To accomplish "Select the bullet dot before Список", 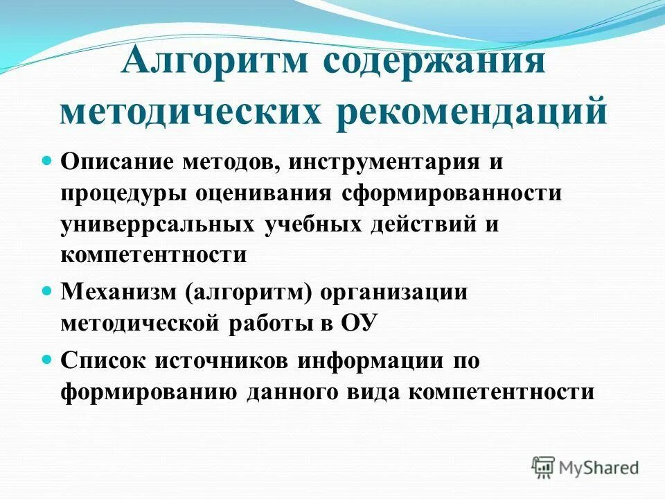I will pyautogui.click(x=48, y=360).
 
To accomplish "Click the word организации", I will pyautogui.click(x=401, y=292).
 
